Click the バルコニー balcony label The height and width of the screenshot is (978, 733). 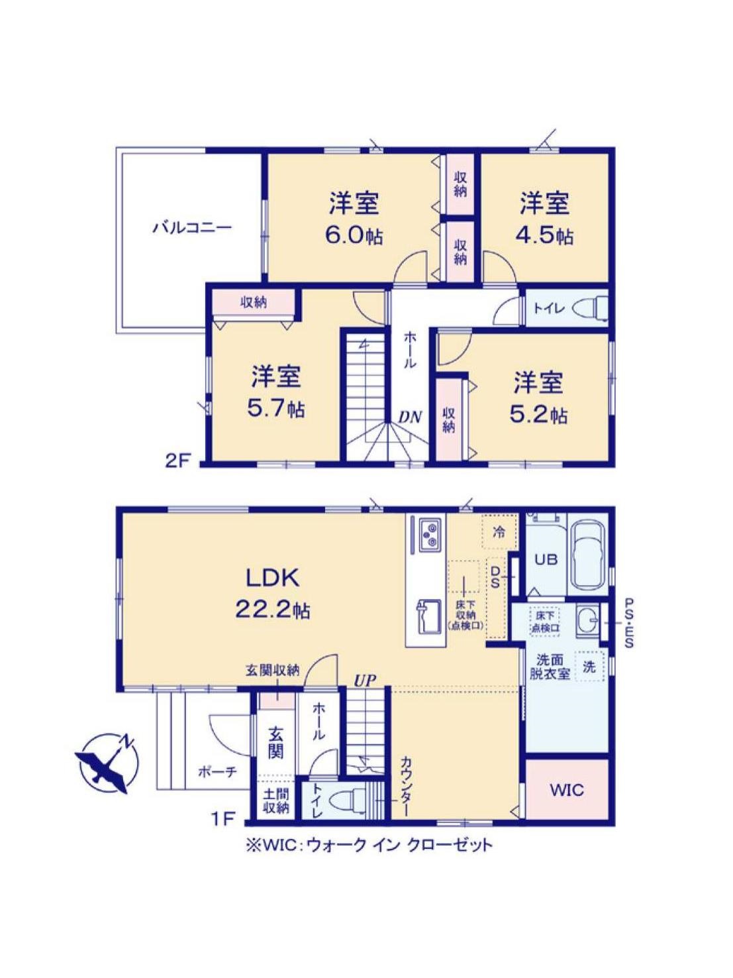point(192,228)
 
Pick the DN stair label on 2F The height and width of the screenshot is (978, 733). point(410,417)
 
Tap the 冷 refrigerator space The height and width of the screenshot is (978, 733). point(500,532)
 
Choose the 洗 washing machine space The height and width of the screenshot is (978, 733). point(589,667)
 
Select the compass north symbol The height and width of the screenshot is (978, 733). point(107,763)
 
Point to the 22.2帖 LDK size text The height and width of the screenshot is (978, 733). point(272,610)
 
